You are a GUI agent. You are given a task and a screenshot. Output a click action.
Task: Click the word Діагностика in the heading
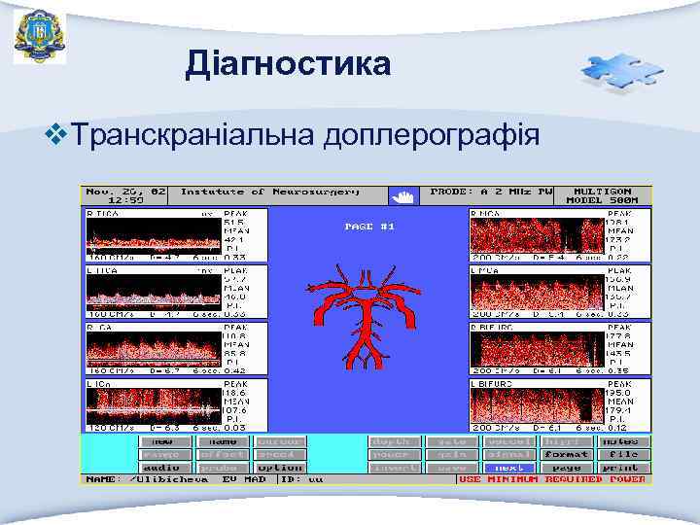click(289, 65)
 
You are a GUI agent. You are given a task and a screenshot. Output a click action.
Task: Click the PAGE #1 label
click(369, 227)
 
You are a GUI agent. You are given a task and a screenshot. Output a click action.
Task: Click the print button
click(623, 468)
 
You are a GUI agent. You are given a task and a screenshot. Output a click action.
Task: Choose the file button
click(623, 454)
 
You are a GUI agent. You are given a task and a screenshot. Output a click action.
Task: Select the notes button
click(623, 440)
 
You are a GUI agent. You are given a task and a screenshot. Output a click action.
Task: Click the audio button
click(166, 468)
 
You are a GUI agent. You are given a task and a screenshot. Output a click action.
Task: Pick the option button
click(281, 468)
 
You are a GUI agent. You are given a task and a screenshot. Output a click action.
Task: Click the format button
click(566, 454)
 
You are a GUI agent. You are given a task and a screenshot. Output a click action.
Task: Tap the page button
click(566, 468)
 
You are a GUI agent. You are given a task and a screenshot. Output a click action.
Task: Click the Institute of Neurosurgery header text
click(269, 192)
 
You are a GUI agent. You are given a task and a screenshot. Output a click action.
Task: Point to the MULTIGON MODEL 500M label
click(606, 195)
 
